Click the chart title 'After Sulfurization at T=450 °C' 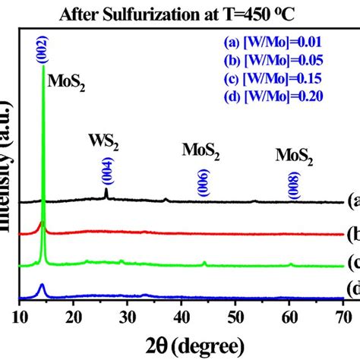click(x=179, y=11)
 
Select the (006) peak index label click(x=203, y=182)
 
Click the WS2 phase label click(x=106, y=142)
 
